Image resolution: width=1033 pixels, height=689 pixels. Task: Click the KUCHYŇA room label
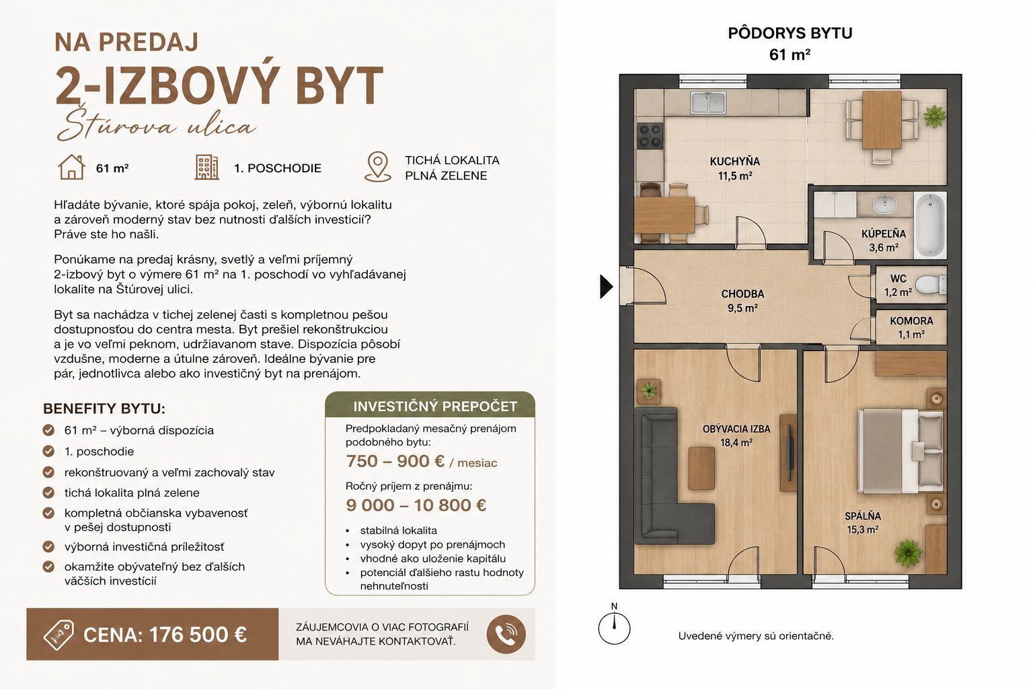pyautogui.click(x=734, y=161)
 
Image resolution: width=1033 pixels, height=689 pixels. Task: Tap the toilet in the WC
pyautogui.click(x=931, y=284)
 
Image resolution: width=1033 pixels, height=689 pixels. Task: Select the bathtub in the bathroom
pyautogui.click(x=930, y=225)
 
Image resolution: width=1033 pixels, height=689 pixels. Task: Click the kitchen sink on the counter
pyautogui.click(x=708, y=102)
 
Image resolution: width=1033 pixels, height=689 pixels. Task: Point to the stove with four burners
pyautogui.click(x=650, y=136)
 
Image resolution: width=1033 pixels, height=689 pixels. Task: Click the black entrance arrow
pyautogui.click(x=606, y=287)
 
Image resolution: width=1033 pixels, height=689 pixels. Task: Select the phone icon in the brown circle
pyautogui.click(x=506, y=634)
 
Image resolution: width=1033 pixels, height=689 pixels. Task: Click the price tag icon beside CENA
pyautogui.click(x=59, y=635)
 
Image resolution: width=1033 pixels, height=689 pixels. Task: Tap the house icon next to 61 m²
pyautogui.click(x=71, y=167)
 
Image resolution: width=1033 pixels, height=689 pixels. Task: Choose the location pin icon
pyautogui.click(x=378, y=167)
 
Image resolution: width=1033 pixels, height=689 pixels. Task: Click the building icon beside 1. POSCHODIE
pyautogui.click(x=206, y=167)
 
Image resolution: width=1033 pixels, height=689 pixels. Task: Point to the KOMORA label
pyautogui.click(x=911, y=321)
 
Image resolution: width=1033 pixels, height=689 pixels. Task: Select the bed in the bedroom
pyautogui.click(x=900, y=451)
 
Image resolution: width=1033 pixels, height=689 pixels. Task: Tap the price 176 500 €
pyautogui.click(x=198, y=635)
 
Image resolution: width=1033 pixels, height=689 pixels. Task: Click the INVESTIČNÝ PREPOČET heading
pyautogui.click(x=435, y=406)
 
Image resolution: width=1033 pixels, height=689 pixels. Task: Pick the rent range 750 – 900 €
pyautogui.click(x=395, y=461)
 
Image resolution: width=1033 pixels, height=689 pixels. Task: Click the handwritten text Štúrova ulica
pyautogui.click(x=156, y=124)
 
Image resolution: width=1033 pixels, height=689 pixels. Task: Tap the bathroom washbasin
pyautogui.click(x=884, y=204)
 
